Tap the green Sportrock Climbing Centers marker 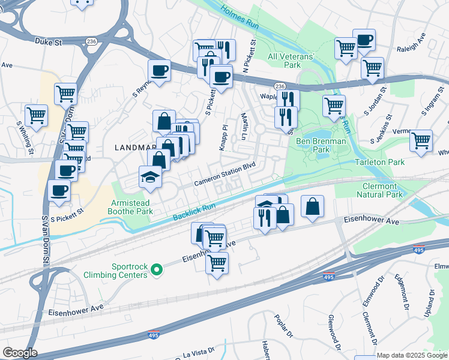tap(157, 271)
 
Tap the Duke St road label tap(49, 43)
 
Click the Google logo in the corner tap(20, 353)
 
